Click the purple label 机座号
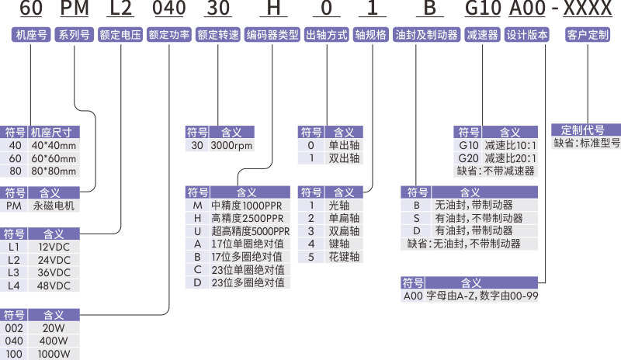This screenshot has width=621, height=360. click(30, 35)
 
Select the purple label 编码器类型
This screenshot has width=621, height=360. click(272, 35)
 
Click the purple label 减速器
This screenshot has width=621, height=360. click(483, 35)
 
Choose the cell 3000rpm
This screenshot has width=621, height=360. click(232, 145)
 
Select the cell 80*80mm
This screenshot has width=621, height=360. click(54, 171)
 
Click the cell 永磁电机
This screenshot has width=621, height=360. click(54, 206)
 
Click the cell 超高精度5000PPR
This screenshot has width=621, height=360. click(250, 231)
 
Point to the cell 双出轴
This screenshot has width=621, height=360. click(344, 157)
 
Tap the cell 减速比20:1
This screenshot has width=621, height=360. click(509, 157)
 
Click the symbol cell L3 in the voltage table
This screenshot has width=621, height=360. click(14, 272)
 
